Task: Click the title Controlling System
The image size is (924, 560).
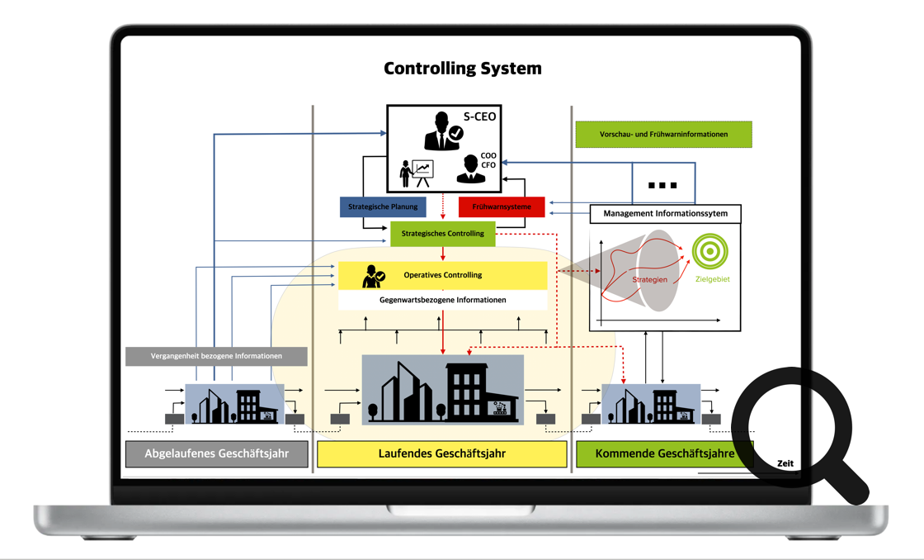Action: [x=462, y=69]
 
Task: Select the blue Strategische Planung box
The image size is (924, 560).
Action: [x=383, y=206]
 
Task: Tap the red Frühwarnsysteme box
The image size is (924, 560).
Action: [x=502, y=206]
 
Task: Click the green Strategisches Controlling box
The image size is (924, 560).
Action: [x=443, y=234]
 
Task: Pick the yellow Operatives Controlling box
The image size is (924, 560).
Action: [x=443, y=275]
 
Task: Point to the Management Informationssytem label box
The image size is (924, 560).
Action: [x=665, y=214]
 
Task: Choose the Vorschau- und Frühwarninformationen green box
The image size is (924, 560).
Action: [x=663, y=134]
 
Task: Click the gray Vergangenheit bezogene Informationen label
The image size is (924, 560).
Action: [x=216, y=356]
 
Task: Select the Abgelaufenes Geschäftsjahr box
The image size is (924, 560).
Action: [x=216, y=453]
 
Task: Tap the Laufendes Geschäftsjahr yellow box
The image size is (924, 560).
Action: [x=442, y=453]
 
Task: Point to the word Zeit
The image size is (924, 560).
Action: [x=785, y=463]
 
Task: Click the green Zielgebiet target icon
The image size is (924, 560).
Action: [x=709, y=251]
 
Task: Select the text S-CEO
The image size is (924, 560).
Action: [x=479, y=116]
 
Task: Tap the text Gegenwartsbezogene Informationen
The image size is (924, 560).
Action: [x=443, y=300]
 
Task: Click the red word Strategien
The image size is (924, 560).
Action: [x=650, y=279]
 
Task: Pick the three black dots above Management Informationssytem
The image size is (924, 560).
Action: [x=662, y=185]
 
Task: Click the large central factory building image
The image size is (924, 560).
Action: [x=443, y=390]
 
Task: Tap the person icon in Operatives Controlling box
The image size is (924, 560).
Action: [x=373, y=277]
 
